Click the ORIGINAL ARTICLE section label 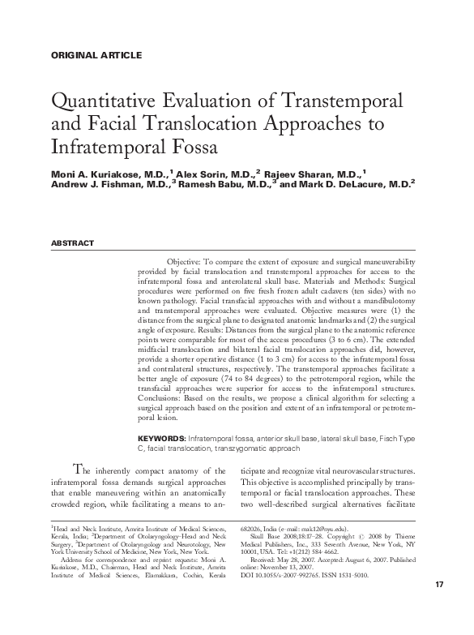pyautogui.click(x=96, y=55)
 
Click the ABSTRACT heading pyautogui.click(x=72, y=243)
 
